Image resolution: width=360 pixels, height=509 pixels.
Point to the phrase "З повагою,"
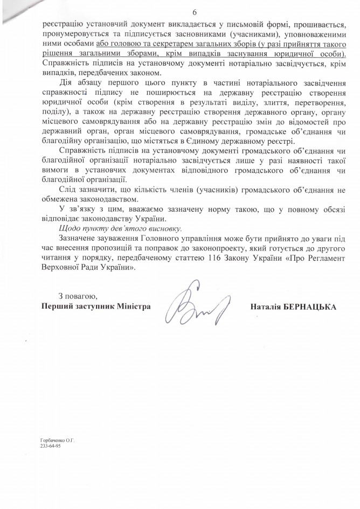click(x=77, y=296)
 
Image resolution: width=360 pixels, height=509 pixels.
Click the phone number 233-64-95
click(x=50, y=447)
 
